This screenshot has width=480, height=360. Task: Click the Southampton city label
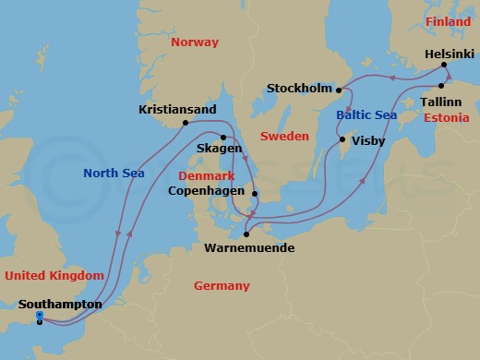(x=61, y=303)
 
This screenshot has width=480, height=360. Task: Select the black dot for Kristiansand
(x=186, y=123)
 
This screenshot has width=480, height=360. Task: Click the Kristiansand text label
(x=177, y=109)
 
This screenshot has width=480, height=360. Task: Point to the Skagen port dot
(x=223, y=138)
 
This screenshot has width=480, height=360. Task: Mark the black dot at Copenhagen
(x=256, y=194)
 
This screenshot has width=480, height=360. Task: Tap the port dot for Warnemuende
(x=246, y=234)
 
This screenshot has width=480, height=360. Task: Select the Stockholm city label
(x=298, y=89)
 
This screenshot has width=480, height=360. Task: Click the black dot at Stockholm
(x=339, y=90)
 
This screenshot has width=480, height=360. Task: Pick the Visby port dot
(x=342, y=140)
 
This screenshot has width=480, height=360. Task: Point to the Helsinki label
(x=450, y=54)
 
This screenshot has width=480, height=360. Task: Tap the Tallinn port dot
(x=441, y=86)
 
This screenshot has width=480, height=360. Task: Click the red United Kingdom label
(x=54, y=275)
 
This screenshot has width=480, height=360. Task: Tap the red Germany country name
(x=222, y=286)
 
